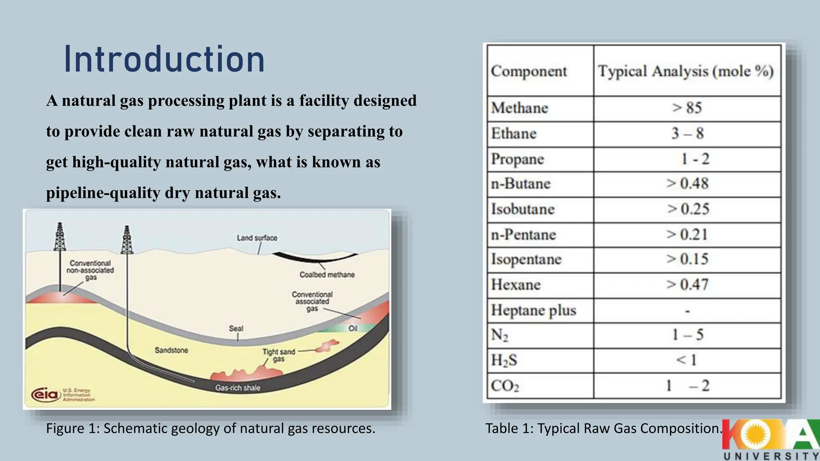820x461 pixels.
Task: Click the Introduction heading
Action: [164, 60]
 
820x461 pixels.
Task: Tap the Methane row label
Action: [519, 108]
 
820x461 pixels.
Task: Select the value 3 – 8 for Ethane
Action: [687, 134]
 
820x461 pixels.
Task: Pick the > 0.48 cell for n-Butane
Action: [687, 184]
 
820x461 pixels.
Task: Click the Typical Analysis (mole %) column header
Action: [685, 71]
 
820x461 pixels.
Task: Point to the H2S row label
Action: [504, 360]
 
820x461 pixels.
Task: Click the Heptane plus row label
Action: [533, 311]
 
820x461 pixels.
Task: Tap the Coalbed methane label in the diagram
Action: [327, 275]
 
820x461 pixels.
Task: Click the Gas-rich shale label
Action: [237, 388]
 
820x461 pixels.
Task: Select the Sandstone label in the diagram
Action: [171, 350]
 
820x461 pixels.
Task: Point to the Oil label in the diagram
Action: [352, 328]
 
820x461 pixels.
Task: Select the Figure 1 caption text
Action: [211, 429]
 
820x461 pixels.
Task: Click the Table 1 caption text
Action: [604, 429]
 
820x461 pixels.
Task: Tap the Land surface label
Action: [257, 238]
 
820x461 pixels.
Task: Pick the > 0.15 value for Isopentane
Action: [687, 259]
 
